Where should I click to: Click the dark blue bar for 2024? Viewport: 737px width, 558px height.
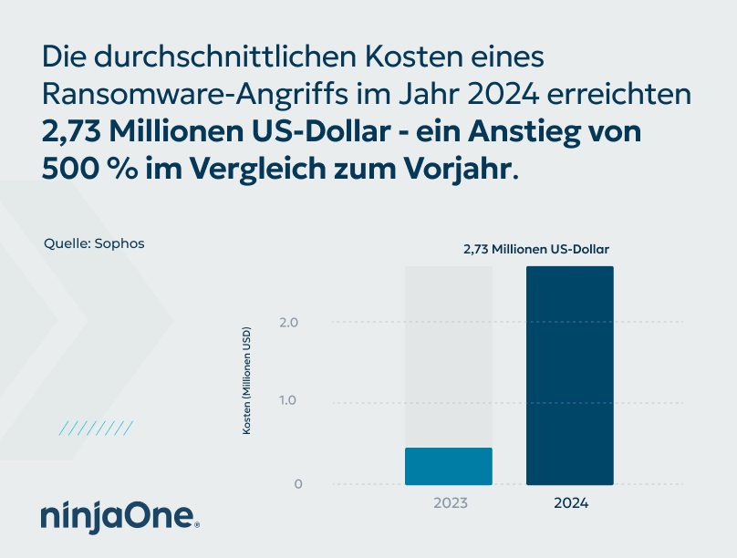570,376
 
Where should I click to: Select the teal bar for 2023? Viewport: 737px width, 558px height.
449,466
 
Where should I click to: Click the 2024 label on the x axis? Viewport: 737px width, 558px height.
571,503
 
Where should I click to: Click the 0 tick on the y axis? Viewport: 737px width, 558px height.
297,484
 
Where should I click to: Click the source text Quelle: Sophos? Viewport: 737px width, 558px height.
94,243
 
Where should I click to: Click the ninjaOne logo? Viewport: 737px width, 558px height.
119,515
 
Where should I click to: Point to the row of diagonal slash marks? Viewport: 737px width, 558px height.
96,427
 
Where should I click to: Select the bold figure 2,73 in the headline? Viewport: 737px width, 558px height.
72,131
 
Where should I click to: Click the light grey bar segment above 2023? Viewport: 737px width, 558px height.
449,356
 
